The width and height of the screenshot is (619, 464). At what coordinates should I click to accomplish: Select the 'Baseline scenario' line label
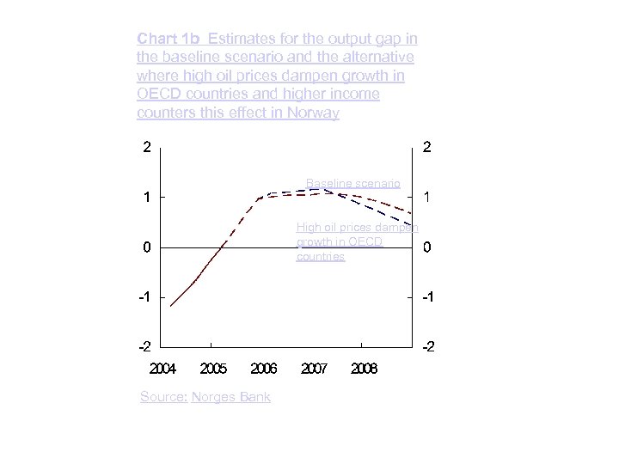click(352, 183)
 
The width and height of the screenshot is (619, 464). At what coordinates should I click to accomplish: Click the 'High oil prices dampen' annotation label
click(357, 228)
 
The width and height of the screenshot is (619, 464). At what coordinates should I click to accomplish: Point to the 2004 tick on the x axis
click(162, 369)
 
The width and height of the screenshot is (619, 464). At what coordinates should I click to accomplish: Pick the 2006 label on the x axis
click(263, 369)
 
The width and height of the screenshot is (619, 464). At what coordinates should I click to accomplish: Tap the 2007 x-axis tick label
click(314, 369)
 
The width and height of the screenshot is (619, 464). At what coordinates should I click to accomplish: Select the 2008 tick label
click(365, 369)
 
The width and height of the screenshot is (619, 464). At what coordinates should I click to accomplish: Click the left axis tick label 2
click(148, 147)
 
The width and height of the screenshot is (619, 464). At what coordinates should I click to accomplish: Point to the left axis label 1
click(148, 197)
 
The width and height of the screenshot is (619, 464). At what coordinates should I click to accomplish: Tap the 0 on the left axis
click(148, 247)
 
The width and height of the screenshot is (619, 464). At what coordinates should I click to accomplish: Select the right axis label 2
click(427, 147)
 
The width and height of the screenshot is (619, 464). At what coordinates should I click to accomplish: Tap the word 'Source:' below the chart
click(163, 397)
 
